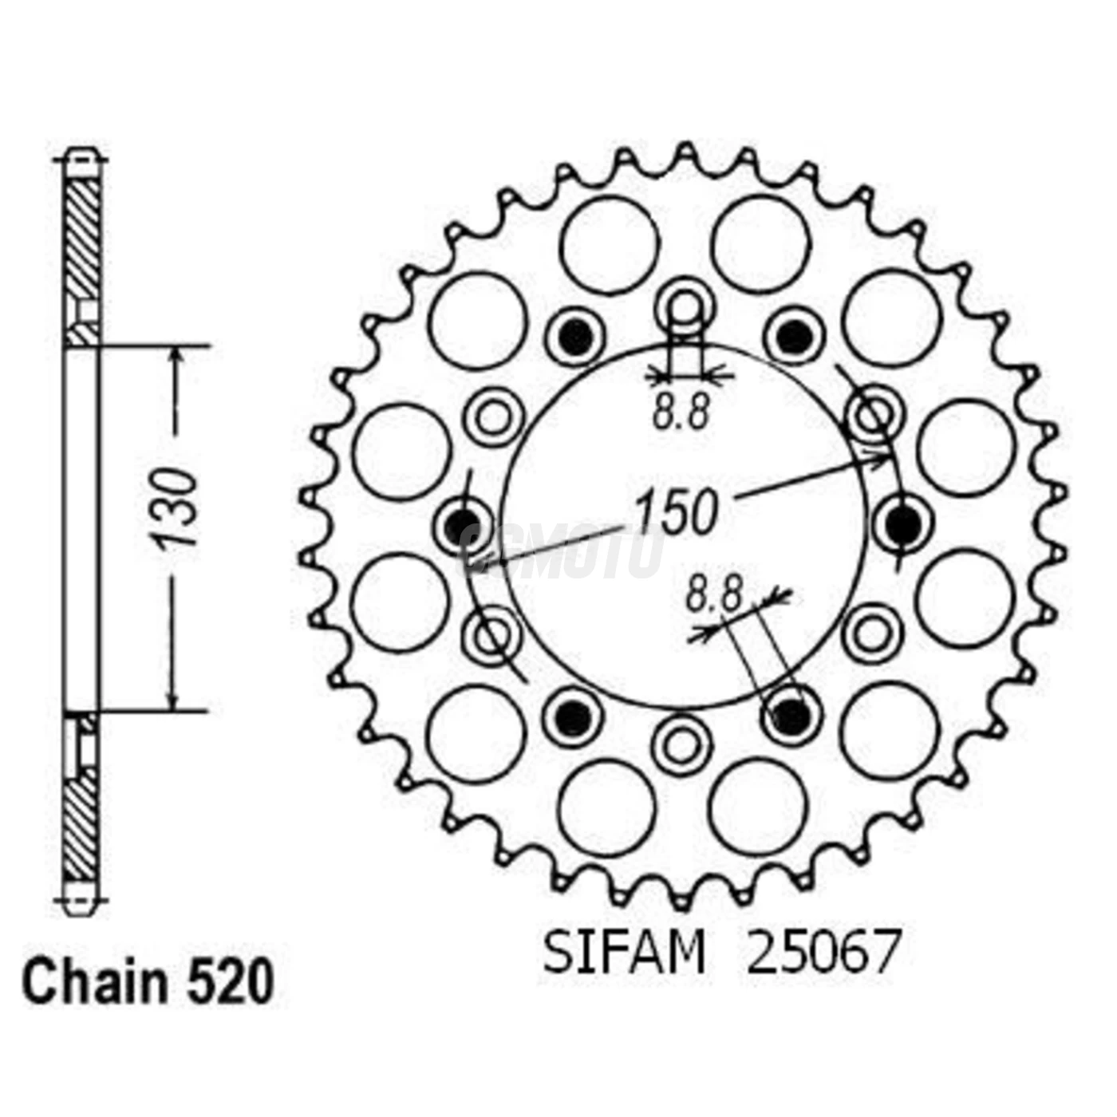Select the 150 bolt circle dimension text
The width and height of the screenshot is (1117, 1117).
click(x=677, y=511)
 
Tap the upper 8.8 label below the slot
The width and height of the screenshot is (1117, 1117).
click(x=681, y=413)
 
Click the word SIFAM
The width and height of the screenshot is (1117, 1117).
click(x=624, y=951)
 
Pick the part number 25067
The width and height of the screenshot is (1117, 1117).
click(x=822, y=951)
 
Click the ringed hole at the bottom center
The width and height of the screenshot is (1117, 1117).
click(x=681, y=744)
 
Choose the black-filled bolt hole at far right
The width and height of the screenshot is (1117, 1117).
click(x=902, y=523)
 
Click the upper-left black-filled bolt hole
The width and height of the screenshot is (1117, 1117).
click(x=574, y=337)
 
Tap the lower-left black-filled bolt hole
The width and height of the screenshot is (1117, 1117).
click(x=571, y=714)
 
